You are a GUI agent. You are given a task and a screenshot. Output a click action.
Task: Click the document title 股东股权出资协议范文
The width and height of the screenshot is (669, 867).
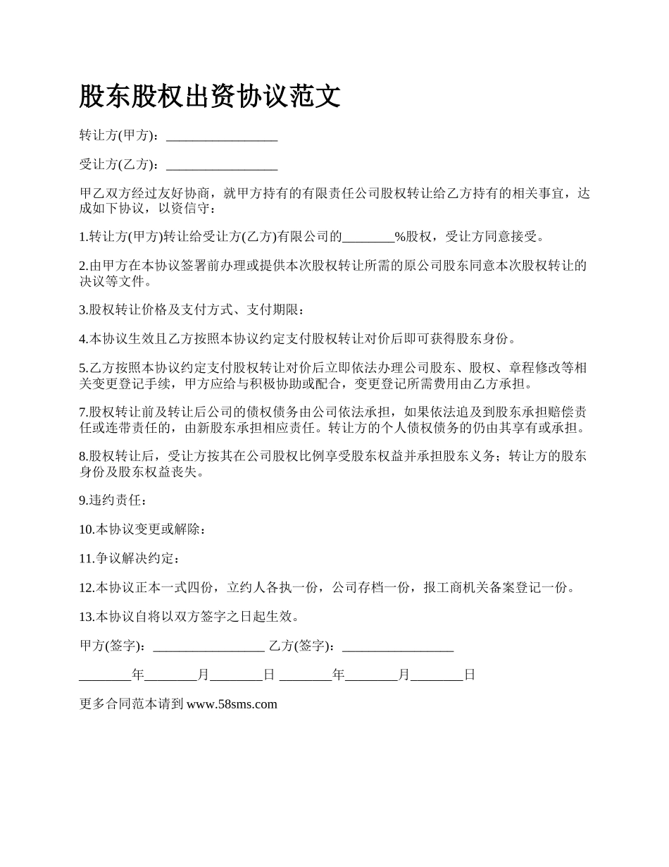click(x=210, y=97)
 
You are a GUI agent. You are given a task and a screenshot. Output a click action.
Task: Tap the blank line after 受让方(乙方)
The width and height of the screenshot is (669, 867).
click(x=222, y=166)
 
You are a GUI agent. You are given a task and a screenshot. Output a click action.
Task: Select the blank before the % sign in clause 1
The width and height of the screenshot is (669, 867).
click(x=368, y=237)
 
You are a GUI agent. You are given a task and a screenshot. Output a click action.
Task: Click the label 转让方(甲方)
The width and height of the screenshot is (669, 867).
click(x=120, y=135)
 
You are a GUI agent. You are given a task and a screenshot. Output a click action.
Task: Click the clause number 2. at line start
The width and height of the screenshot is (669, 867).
click(x=83, y=266)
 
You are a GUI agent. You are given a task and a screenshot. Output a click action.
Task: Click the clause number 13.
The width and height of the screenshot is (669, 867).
click(x=87, y=617)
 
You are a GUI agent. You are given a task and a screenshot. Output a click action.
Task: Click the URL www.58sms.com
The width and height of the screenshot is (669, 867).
click(x=232, y=703)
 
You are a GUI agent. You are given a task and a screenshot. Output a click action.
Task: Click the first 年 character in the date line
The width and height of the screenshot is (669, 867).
click(x=138, y=675)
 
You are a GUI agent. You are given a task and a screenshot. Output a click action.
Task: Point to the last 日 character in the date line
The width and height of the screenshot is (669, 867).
click(x=470, y=675)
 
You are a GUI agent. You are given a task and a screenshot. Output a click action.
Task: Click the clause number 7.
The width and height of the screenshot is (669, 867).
click(x=83, y=411)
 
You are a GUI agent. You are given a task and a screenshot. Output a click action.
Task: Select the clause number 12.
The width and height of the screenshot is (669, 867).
click(x=87, y=588)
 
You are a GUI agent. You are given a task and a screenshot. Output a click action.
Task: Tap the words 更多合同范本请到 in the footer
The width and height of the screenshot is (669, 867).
click(x=132, y=703)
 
